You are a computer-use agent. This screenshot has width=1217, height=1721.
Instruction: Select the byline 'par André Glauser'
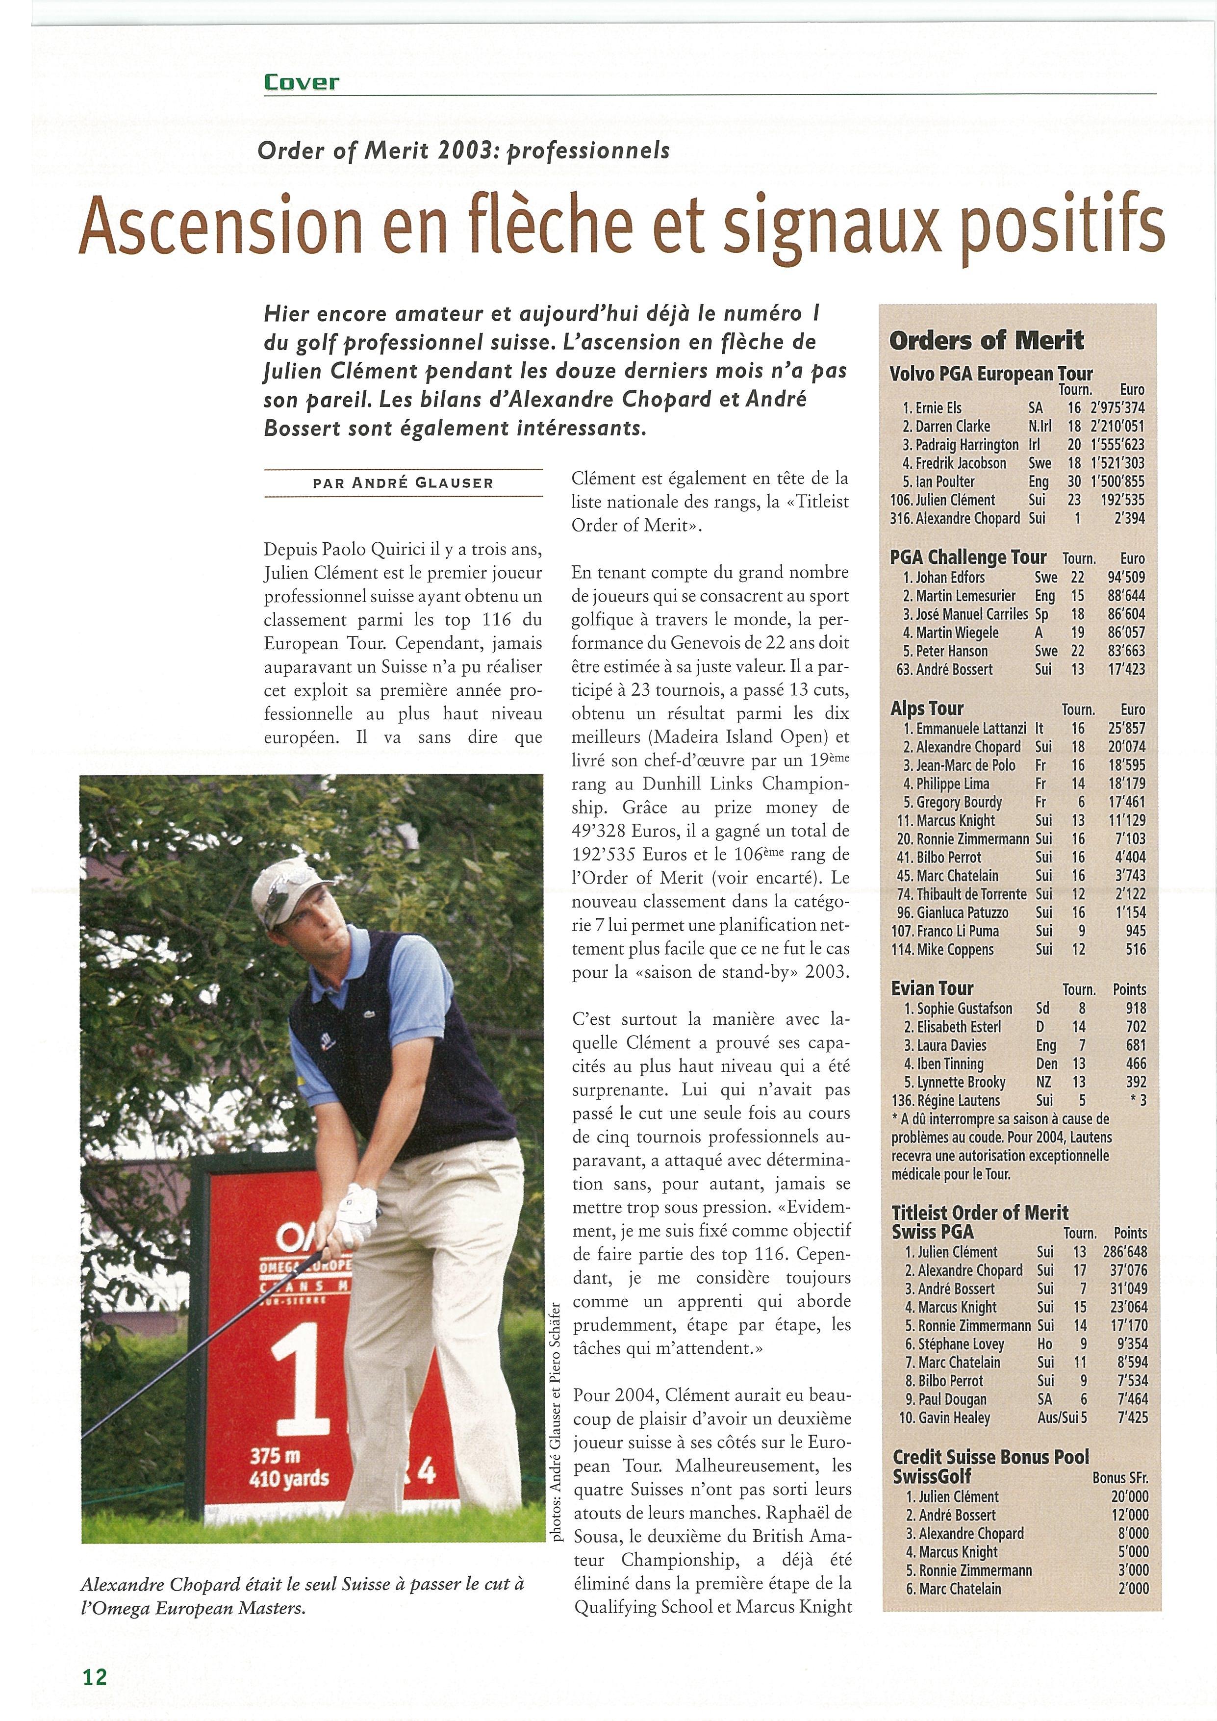403,483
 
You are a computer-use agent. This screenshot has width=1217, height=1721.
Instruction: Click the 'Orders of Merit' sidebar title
986,341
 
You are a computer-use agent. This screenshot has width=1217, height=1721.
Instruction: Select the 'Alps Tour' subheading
927,709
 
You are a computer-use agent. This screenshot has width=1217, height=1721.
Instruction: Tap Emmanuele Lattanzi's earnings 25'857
1126,728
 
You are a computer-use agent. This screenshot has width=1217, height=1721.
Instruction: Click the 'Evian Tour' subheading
932,988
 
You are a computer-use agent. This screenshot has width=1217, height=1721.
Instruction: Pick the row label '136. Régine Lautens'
946,1100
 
